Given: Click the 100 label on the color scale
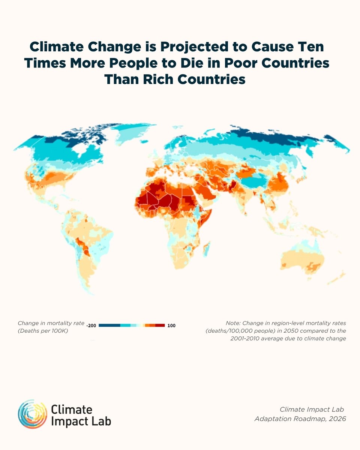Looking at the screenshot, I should [x=171, y=325].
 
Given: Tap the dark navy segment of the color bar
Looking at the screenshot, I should [x=109, y=325].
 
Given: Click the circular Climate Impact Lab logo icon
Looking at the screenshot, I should [x=32, y=414].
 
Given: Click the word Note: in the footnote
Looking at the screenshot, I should [x=234, y=323].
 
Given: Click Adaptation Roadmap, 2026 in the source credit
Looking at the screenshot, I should [x=300, y=418].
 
